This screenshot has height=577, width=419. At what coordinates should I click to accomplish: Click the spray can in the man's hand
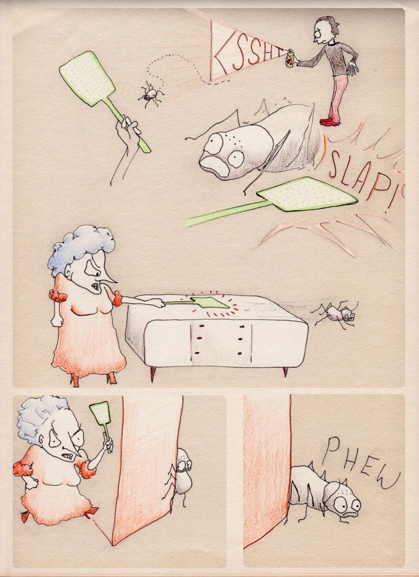(x=291, y=59)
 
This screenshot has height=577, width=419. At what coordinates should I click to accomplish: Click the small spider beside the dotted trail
(x=151, y=95)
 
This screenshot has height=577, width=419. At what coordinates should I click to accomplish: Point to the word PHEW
(x=360, y=463)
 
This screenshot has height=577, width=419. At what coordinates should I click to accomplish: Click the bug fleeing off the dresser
(x=336, y=314)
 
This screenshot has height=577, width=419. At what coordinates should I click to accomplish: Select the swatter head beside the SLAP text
(x=307, y=194)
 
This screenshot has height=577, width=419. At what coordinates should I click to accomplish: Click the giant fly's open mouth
(x=214, y=165)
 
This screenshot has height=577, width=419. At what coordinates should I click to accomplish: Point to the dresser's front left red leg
(x=152, y=374)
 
